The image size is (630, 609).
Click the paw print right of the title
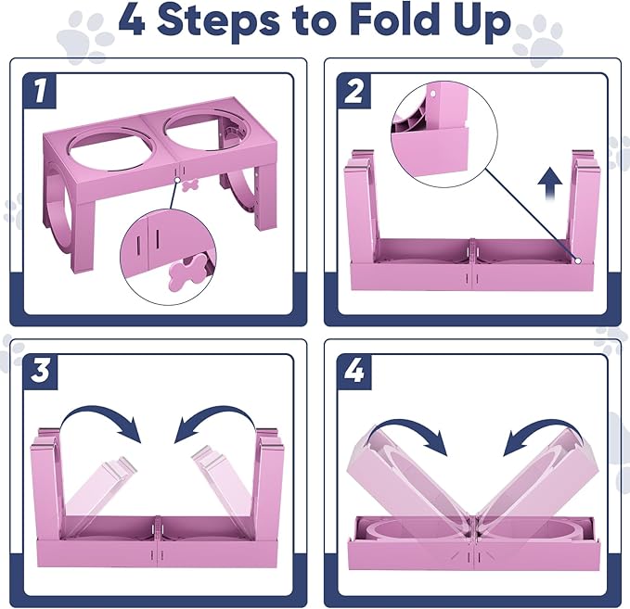pyautogui.click(x=538, y=41)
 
